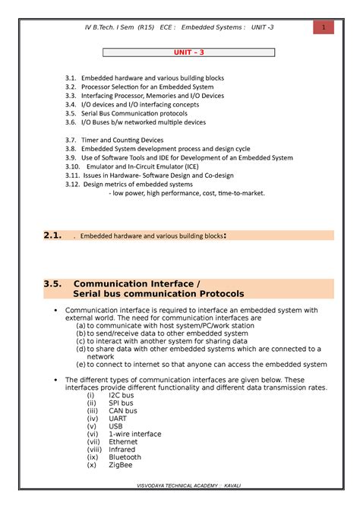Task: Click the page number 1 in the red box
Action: point(324,28)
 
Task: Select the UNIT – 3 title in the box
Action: point(180,53)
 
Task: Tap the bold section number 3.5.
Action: point(52,284)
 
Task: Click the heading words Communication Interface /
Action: point(136,284)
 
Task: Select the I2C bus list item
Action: point(122,396)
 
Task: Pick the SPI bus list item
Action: point(122,404)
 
